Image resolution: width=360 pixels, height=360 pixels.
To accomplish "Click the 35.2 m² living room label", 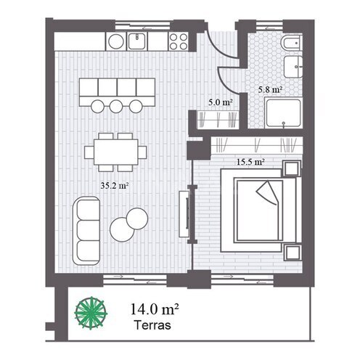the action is click(x=115, y=186).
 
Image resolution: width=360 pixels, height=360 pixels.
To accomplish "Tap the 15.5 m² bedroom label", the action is click(x=250, y=162).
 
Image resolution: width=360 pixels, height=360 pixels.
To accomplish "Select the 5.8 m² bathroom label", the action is click(x=270, y=90).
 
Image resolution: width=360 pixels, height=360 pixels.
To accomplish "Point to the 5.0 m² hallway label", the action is click(x=221, y=102).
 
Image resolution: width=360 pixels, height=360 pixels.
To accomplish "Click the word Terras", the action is click(x=153, y=325).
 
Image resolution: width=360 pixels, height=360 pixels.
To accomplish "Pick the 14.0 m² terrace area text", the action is click(x=155, y=309).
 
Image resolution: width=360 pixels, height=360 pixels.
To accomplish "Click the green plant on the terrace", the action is click(x=91, y=313).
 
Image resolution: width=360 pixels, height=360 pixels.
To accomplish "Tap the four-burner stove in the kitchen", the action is click(x=179, y=41).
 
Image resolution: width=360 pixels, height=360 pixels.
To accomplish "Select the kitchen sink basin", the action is click(x=136, y=41).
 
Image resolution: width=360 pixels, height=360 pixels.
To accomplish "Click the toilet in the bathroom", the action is click(x=291, y=43).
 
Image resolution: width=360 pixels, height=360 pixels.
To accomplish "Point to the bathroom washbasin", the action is click(x=293, y=67).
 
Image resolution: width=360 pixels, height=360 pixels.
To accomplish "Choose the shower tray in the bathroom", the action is click(x=283, y=113).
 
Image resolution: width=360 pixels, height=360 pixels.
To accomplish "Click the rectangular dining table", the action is click(x=116, y=152).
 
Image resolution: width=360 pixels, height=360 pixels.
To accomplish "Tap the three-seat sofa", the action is click(x=86, y=231).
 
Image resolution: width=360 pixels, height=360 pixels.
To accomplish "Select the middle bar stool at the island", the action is click(x=116, y=106).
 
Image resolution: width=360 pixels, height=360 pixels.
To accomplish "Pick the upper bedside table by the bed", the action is click(x=292, y=168).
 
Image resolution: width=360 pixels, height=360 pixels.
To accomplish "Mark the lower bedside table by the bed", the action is click(x=292, y=253).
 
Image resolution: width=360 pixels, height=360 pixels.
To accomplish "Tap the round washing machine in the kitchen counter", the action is click(x=116, y=41).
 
